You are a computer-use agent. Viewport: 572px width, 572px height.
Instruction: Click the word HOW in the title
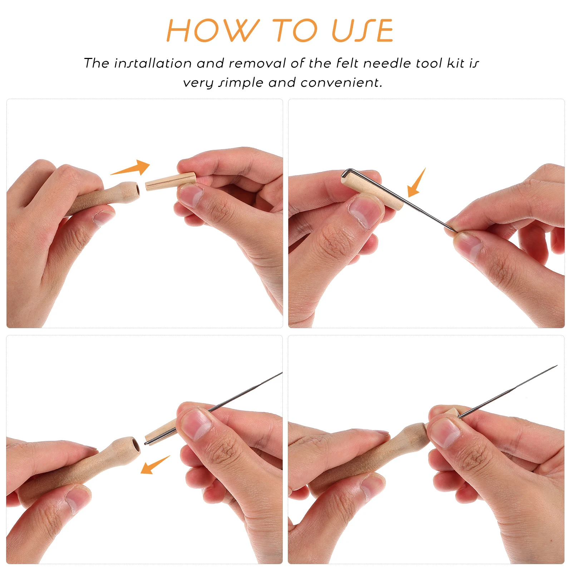[x=213, y=31]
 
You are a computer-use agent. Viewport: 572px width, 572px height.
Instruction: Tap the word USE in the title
[x=363, y=31]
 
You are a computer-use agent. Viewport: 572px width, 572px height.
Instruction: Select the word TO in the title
[x=295, y=31]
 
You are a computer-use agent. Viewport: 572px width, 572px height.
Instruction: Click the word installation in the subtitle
[x=153, y=63]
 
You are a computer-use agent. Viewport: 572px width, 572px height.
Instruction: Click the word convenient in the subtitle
[x=341, y=83]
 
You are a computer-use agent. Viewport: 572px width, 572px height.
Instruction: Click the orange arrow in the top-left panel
[x=130, y=168]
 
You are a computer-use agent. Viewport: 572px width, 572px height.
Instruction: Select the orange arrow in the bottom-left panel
[x=155, y=465]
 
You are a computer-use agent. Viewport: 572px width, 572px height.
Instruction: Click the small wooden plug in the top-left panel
[x=171, y=181]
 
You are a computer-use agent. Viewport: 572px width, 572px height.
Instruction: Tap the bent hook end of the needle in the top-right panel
[x=344, y=173]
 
